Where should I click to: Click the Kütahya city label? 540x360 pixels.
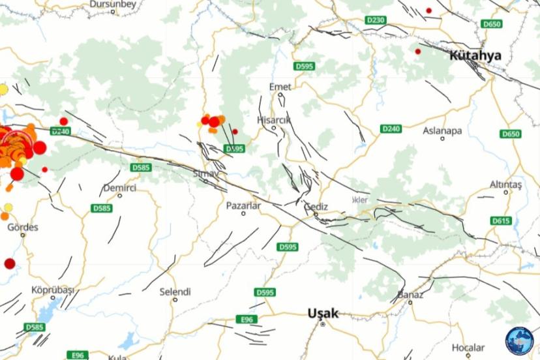pyautogui.click(x=475, y=55)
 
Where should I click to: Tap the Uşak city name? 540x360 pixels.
pyautogui.click(x=323, y=314)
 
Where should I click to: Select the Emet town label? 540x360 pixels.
pyautogui.click(x=280, y=87)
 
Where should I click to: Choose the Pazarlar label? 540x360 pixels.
pyautogui.click(x=243, y=205)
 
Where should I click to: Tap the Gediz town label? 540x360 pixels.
pyautogui.click(x=316, y=207)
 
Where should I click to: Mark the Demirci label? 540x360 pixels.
pyautogui.click(x=120, y=188)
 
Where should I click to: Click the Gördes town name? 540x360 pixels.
pyautogui.click(x=23, y=228)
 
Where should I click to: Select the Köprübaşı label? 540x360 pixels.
pyautogui.click(x=53, y=290)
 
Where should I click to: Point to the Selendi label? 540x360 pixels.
pyautogui.click(x=175, y=292)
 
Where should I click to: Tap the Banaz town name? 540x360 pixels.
pyautogui.click(x=411, y=295)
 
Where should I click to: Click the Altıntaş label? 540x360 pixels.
pyautogui.click(x=507, y=185)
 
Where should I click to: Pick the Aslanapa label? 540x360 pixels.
pyautogui.click(x=442, y=130)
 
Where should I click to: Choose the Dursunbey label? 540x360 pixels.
pyautogui.click(x=112, y=4)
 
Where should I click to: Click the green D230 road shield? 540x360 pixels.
pyautogui.click(x=376, y=20)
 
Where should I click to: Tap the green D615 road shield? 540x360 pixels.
pyautogui.click(x=501, y=220)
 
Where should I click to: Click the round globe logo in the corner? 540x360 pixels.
pyautogui.click(x=519, y=340)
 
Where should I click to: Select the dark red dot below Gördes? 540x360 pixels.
pyautogui.click(x=10, y=263)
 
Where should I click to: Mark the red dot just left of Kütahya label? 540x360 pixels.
pyautogui.click(x=418, y=52)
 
